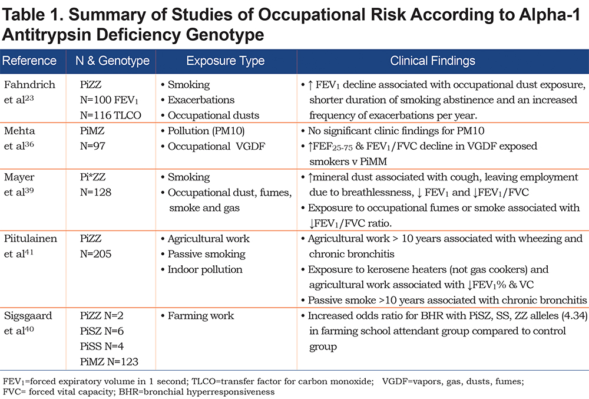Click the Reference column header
(x=29, y=61)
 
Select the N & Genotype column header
(x=112, y=61)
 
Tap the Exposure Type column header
(x=226, y=61)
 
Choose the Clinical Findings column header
(x=432, y=61)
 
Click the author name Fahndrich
(x=29, y=84)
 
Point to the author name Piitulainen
(x=31, y=238)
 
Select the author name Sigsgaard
(x=28, y=315)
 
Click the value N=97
(x=92, y=146)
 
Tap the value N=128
(x=96, y=192)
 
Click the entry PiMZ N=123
(x=109, y=361)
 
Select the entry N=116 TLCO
(x=111, y=115)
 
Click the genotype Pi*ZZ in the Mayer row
(x=93, y=177)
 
